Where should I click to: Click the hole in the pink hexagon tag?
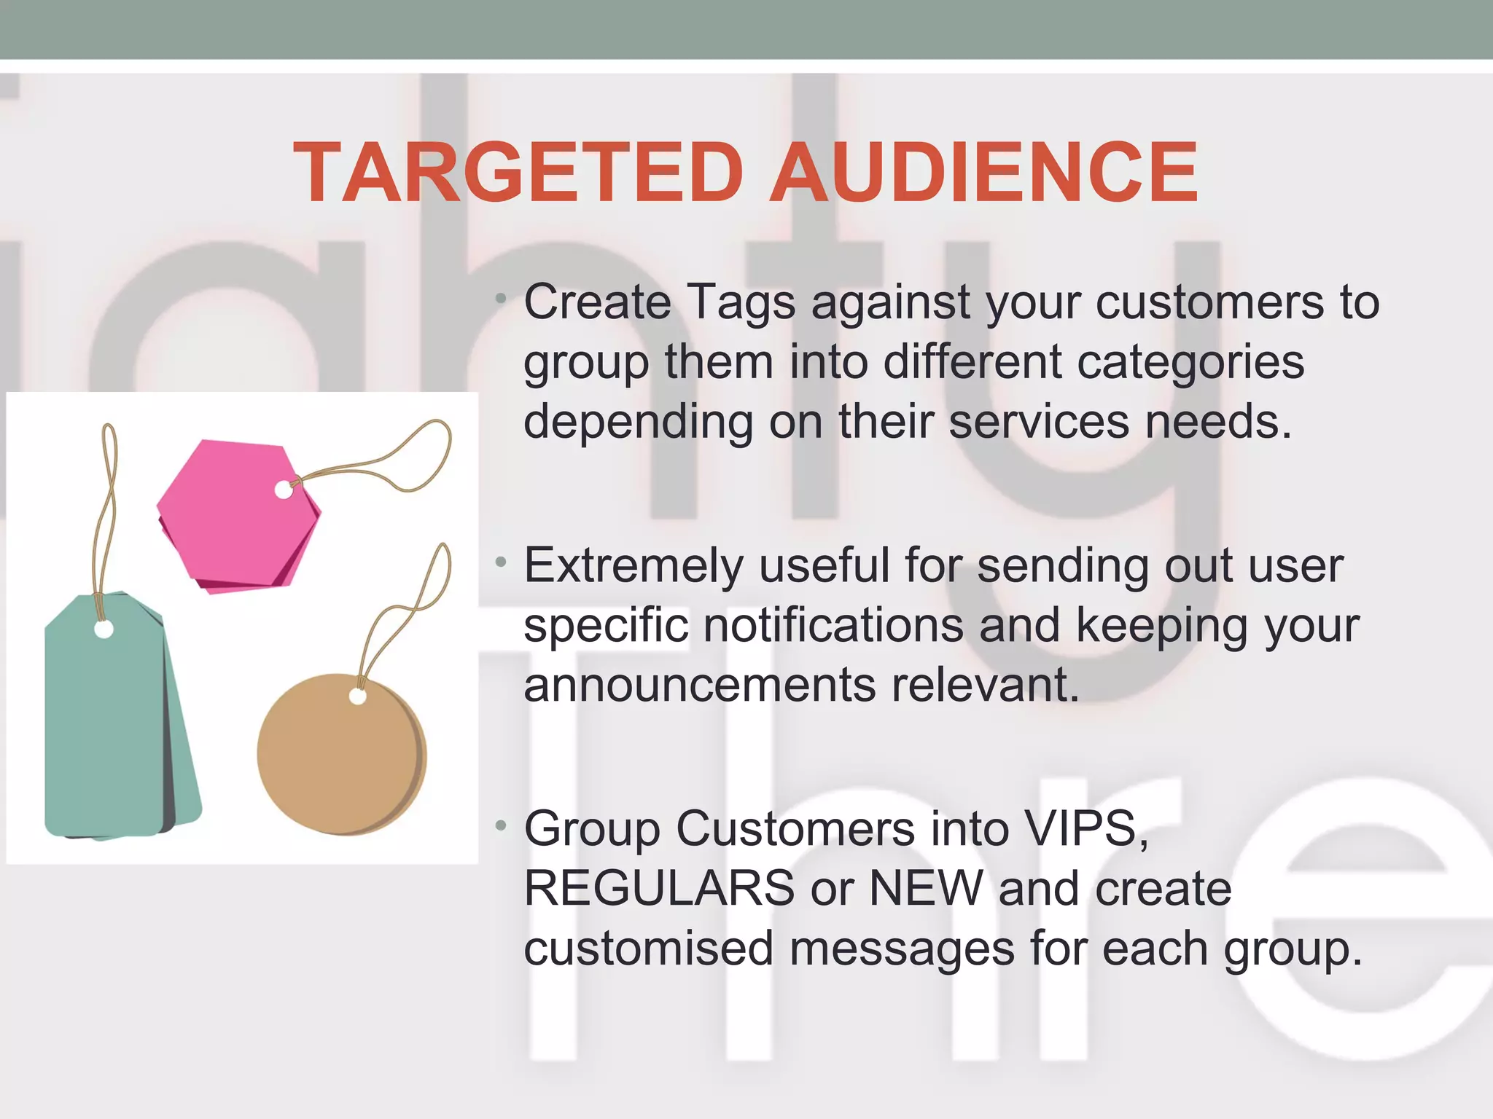[284, 490]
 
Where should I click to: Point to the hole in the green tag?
[104, 629]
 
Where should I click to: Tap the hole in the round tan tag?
[357, 696]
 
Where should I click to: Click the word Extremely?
[634, 567]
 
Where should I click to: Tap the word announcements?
[699, 686]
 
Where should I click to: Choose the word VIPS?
[1085, 830]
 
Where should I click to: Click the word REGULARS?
[659, 889]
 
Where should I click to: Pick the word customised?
[648, 949]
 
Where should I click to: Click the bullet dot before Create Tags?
[500, 299]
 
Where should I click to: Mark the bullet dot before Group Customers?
[500, 826]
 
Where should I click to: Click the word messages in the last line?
[902, 949]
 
